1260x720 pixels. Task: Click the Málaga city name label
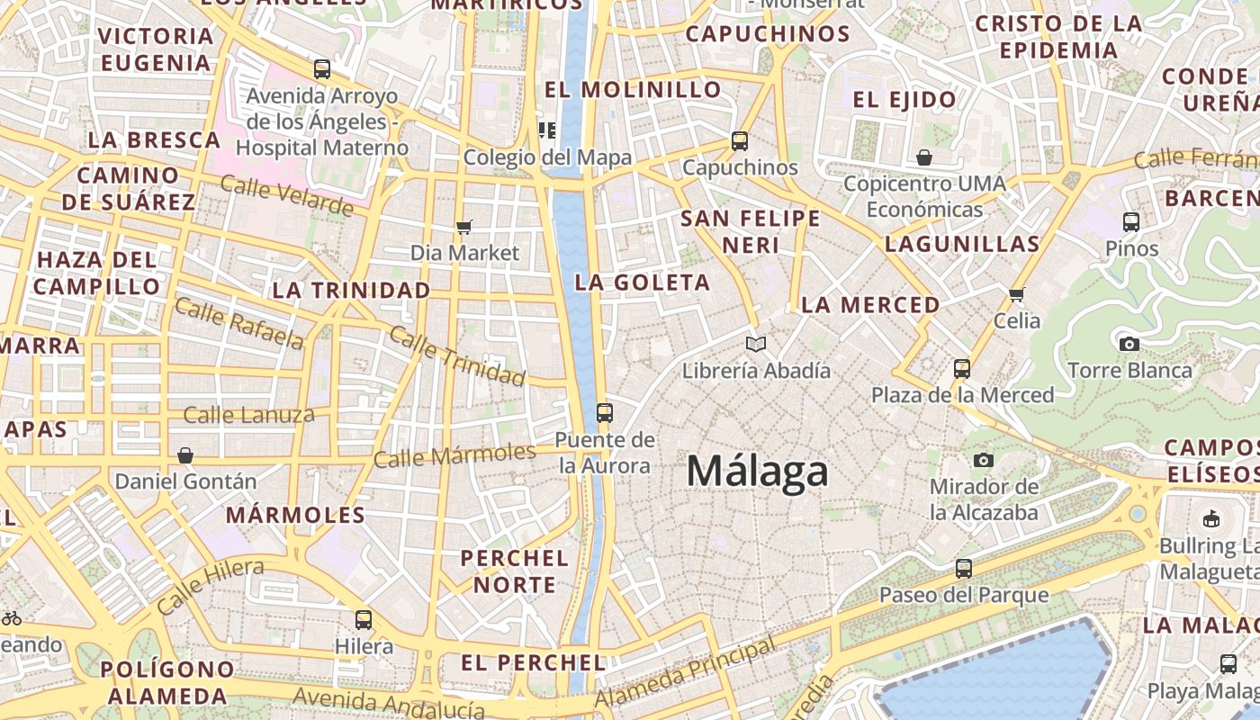pyautogui.click(x=757, y=472)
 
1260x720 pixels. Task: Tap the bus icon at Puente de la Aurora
pyautogui.click(x=605, y=413)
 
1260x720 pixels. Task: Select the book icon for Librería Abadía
pyautogui.click(x=756, y=344)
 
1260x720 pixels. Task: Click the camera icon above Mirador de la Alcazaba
pyautogui.click(x=984, y=461)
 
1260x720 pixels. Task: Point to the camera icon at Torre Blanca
pyautogui.click(x=1129, y=344)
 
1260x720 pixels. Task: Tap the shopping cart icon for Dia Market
pyautogui.click(x=464, y=227)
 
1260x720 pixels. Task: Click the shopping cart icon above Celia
pyautogui.click(x=1017, y=294)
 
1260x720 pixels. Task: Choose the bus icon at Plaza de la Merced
pyautogui.click(x=962, y=369)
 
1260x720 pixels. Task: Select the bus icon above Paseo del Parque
pyautogui.click(x=964, y=569)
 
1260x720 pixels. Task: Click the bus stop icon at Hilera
pyautogui.click(x=364, y=620)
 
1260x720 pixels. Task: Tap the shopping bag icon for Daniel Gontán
pyautogui.click(x=185, y=455)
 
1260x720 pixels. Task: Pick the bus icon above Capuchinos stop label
pyautogui.click(x=740, y=141)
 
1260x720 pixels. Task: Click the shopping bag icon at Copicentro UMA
pyautogui.click(x=923, y=158)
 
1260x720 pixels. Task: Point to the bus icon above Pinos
pyautogui.click(x=1131, y=221)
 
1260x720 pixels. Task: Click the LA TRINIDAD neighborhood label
pyautogui.click(x=351, y=291)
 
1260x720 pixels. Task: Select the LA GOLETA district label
pyautogui.click(x=643, y=283)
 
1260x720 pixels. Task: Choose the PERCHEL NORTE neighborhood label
pyautogui.click(x=515, y=571)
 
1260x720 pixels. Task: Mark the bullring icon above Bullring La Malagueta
pyautogui.click(x=1210, y=518)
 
